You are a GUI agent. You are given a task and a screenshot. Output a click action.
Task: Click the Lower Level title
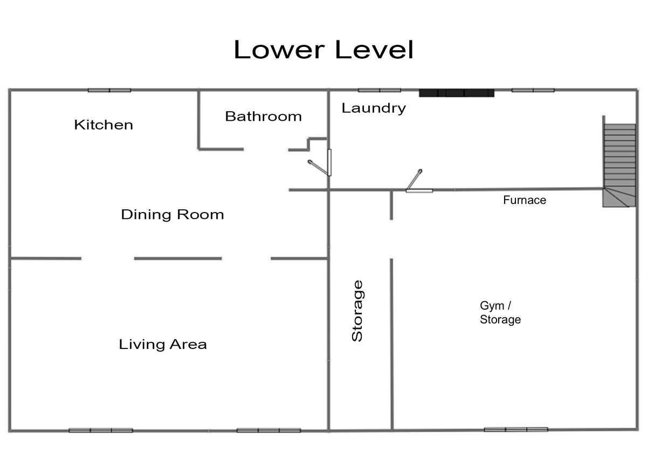tap(323, 50)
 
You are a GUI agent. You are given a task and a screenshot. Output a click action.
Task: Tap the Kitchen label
tap(104, 125)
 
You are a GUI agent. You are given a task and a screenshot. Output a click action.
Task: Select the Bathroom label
tap(264, 117)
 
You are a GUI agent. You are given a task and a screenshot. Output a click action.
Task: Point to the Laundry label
tap(374, 108)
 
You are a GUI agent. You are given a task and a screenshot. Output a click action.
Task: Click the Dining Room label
tap(173, 215)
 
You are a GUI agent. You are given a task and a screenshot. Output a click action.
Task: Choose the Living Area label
tap(163, 344)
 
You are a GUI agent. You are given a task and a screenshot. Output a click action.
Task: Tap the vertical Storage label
tap(357, 311)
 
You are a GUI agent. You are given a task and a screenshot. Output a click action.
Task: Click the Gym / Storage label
tap(500, 313)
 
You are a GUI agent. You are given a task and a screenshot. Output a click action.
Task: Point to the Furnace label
tap(525, 200)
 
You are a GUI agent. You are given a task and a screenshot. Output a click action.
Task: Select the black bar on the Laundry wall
tap(457, 93)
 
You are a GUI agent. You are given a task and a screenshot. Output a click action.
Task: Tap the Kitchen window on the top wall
tap(109, 91)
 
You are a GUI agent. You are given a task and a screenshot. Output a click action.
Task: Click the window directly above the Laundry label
tap(380, 91)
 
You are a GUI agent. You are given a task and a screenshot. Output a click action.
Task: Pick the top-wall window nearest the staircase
tap(533, 91)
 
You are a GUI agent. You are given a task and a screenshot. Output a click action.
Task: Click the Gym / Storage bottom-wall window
tap(516, 429)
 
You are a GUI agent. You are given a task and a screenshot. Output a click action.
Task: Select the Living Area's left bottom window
tap(101, 430)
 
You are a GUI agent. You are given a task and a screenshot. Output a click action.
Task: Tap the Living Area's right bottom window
tap(269, 430)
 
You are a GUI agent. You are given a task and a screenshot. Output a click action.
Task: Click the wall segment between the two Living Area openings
tap(178, 258)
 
